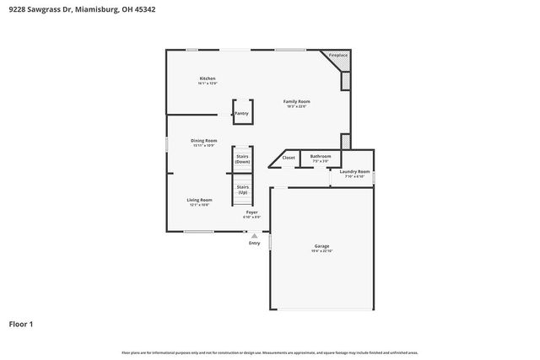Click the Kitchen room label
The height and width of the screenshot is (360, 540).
point(208,78)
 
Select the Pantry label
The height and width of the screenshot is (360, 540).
point(241,113)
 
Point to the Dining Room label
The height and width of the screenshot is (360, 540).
point(204,140)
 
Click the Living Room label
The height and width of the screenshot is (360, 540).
point(198,199)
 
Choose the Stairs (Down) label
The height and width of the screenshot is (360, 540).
point(243,159)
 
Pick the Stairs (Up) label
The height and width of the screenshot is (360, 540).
point(243,189)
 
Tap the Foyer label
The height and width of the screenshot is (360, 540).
point(251,212)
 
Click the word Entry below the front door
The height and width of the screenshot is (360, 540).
point(254,243)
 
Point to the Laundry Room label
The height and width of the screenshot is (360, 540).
point(354,172)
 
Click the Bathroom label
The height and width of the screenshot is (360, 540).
point(321,156)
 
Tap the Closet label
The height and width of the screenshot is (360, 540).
point(289,158)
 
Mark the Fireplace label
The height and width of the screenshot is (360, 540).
point(338,55)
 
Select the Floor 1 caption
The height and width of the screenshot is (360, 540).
point(21,324)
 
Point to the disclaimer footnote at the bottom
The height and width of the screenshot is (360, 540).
point(270,352)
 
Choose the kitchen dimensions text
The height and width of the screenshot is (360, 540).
point(208,83)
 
